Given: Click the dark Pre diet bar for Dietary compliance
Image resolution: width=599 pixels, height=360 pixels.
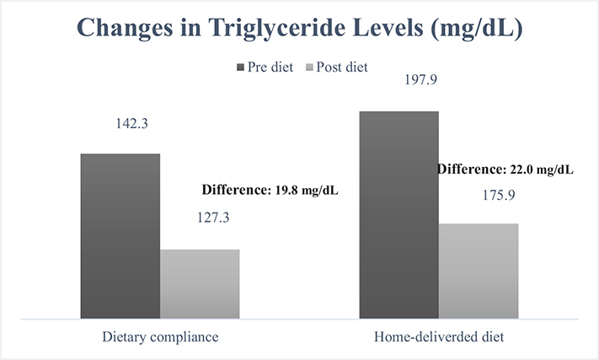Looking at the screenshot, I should (x=120, y=236).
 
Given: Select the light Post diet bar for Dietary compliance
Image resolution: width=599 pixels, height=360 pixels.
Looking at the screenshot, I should (x=200, y=284).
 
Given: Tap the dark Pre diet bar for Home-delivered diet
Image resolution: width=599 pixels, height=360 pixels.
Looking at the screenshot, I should (x=398, y=215).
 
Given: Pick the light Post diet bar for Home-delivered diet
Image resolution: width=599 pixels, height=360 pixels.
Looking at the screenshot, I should (x=479, y=271).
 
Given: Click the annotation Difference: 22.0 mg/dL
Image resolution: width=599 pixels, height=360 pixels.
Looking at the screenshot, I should (x=505, y=169).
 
